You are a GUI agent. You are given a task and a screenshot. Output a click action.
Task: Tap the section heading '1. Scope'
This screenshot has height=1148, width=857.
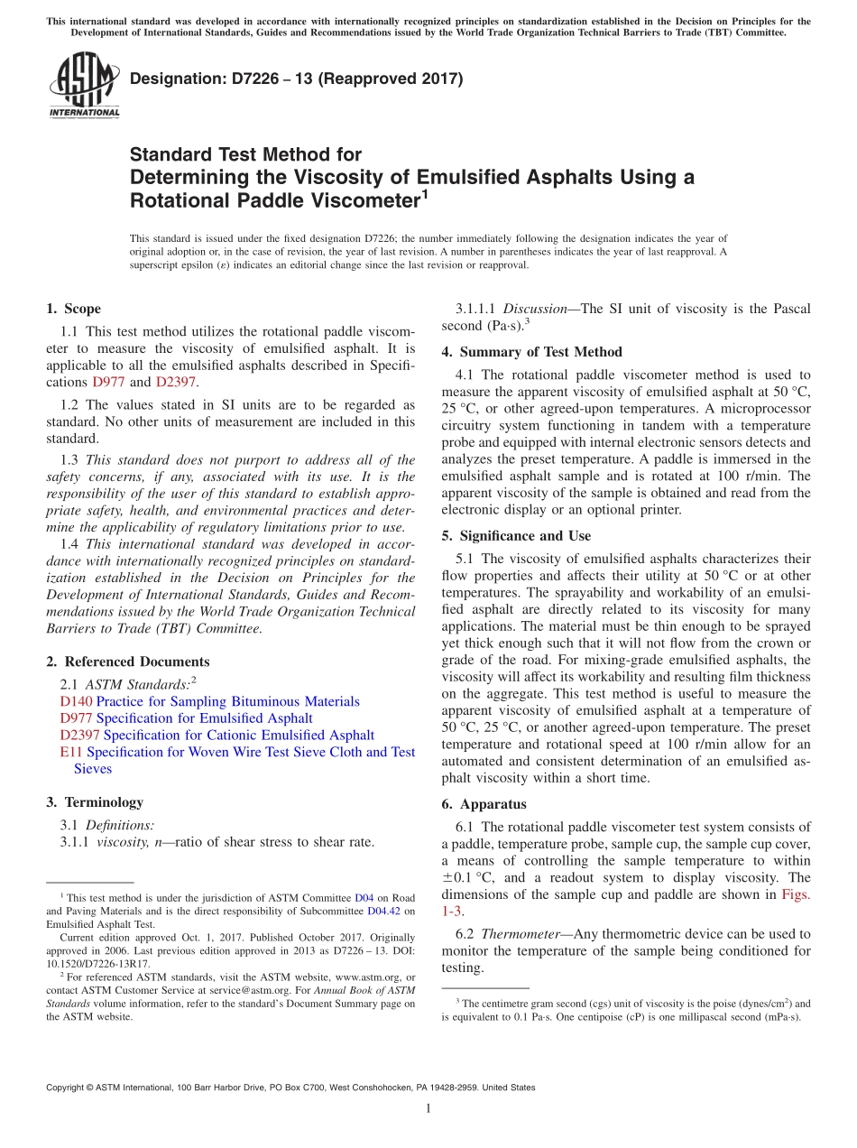coord(73,309)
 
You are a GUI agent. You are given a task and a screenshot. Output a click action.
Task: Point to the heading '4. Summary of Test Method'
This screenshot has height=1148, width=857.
coord(531,352)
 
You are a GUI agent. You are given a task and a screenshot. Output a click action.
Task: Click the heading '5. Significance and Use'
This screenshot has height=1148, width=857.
coord(516,536)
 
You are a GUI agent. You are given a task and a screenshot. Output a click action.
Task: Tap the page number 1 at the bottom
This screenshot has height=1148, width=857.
coord(428,1108)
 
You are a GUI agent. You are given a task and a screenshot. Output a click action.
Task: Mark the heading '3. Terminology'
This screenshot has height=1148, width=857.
coord(94,802)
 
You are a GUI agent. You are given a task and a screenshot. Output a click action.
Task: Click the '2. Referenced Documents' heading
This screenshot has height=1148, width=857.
coord(127,662)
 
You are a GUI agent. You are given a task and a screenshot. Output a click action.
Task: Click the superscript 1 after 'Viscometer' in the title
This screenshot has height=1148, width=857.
coord(424,194)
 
